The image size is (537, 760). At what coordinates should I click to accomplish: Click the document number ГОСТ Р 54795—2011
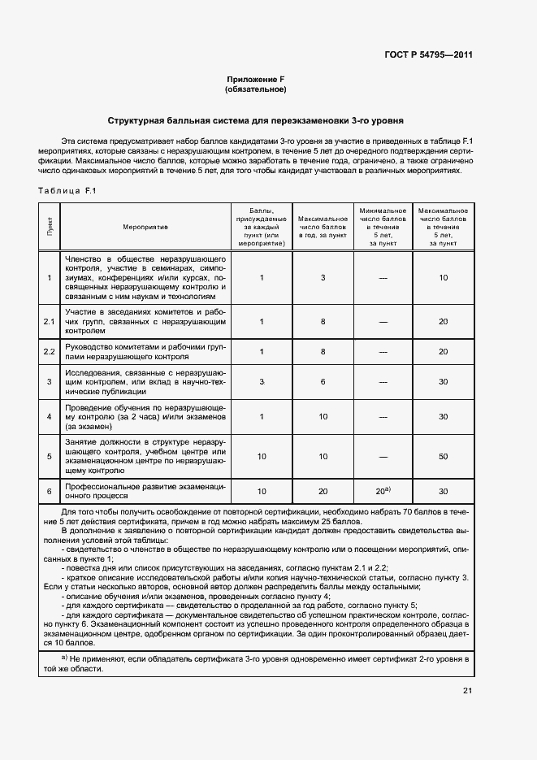[x=429, y=55]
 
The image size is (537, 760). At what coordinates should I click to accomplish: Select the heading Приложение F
[x=256, y=80]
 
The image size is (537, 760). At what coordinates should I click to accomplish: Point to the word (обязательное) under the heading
[x=256, y=89]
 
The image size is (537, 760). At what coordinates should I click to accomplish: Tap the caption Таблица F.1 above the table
[x=67, y=190]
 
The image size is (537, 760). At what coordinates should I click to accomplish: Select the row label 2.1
[x=49, y=321]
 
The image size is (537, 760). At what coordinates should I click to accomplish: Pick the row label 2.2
[x=49, y=351]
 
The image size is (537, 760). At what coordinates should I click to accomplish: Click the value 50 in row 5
[x=443, y=457]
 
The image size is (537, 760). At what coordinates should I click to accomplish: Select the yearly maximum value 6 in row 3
[x=323, y=381]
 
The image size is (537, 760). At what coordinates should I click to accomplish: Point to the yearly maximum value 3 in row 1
[x=323, y=278]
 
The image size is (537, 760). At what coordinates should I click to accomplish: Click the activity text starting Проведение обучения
[x=146, y=417]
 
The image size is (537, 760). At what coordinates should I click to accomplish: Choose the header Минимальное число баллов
[x=383, y=226]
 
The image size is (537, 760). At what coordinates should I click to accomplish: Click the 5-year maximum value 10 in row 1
[x=443, y=278]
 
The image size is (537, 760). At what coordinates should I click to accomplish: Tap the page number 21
[x=467, y=691]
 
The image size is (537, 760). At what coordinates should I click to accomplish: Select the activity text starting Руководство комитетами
[x=146, y=351]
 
